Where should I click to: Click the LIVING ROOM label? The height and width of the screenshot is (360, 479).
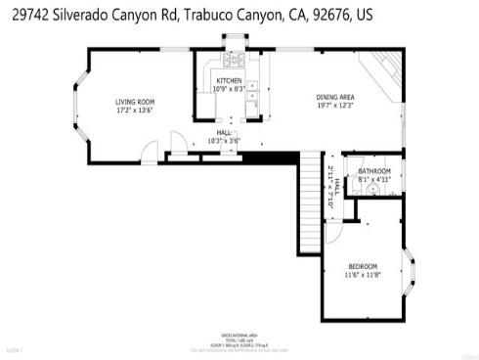135,102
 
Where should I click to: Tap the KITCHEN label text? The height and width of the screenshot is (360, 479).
229,81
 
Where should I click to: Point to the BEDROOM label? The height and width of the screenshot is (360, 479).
363,267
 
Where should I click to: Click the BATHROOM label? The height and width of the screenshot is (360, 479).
373,172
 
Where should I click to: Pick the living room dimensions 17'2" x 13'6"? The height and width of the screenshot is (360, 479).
135,110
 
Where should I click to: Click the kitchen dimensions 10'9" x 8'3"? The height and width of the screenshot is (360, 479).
229,89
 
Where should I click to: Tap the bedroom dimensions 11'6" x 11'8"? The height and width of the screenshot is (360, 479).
363,275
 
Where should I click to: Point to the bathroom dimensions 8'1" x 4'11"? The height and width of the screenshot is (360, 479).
373,180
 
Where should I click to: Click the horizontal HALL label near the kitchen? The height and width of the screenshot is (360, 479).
224,131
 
